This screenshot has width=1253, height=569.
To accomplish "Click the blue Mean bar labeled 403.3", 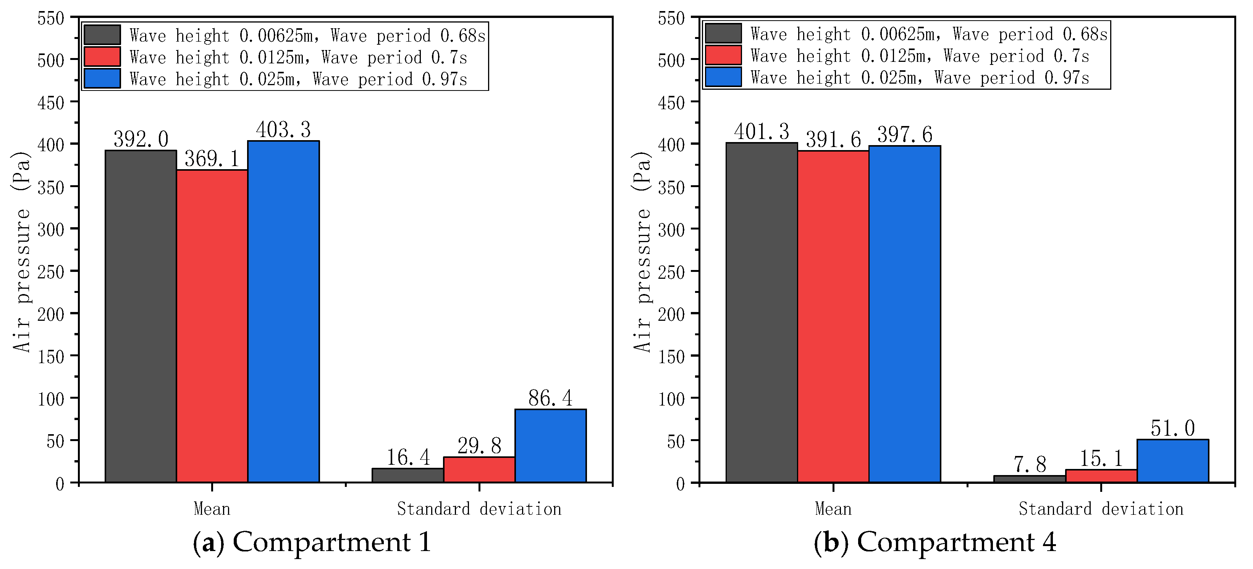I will [x=284, y=311].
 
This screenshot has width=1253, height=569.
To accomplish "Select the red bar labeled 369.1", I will [x=212, y=326].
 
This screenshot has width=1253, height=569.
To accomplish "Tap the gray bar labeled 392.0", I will [x=141, y=316].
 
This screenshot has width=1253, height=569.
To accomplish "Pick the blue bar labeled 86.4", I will [x=551, y=446].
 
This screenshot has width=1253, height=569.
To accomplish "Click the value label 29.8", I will [x=479, y=446].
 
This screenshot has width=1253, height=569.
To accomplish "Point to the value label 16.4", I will [x=408, y=457].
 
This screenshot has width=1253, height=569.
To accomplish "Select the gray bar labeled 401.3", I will [x=762, y=312].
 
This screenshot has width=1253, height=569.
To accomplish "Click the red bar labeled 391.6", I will [x=833, y=316].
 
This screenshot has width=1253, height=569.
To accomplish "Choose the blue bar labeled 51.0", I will [x=1173, y=461].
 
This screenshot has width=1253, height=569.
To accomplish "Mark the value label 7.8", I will [x=1030, y=465].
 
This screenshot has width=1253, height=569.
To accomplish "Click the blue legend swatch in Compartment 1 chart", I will [x=102, y=78].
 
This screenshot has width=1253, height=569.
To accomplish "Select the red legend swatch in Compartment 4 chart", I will [x=723, y=55].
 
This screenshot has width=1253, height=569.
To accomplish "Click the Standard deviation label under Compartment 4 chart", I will [x=1101, y=509].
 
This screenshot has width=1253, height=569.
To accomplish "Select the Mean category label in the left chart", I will [x=212, y=509].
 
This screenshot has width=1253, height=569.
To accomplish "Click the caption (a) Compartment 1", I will [x=311, y=542].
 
